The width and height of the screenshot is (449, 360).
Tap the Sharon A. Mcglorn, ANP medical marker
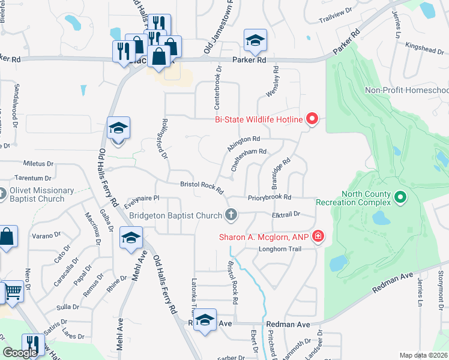click(x=318, y=238)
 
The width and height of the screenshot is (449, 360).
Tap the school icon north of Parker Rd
click(x=255, y=40)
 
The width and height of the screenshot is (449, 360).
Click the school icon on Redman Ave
click(x=205, y=320)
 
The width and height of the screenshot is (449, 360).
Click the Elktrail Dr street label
click(x=285, y=214)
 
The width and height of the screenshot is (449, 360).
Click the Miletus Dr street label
click(x=38, y=163)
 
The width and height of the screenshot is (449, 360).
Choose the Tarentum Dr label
click(x=33, y=178)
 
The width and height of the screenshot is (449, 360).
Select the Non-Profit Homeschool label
click(x=407, y=91)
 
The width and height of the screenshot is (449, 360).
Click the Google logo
click(x=20, y=352)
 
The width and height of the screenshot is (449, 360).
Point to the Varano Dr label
click(x=46, y=235)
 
